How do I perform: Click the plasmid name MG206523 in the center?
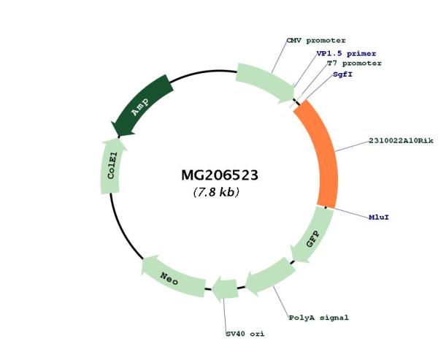[220, 175]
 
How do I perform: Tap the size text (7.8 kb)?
[216, 192]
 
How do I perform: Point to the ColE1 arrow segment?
[111, 167]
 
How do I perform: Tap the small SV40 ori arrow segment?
[225, 289]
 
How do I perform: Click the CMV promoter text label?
[316, 41]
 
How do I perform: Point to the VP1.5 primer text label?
[346, 53]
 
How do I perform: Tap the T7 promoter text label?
[354, 64]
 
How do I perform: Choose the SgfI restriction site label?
[343, 74]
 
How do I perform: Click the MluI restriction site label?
[379, 217]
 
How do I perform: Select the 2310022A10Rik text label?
[401, 141]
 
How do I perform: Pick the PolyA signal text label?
[319, 318]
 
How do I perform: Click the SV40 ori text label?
[245, 334]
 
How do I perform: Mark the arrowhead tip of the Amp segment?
[118, 137]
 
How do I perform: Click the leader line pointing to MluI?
[351, 212]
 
